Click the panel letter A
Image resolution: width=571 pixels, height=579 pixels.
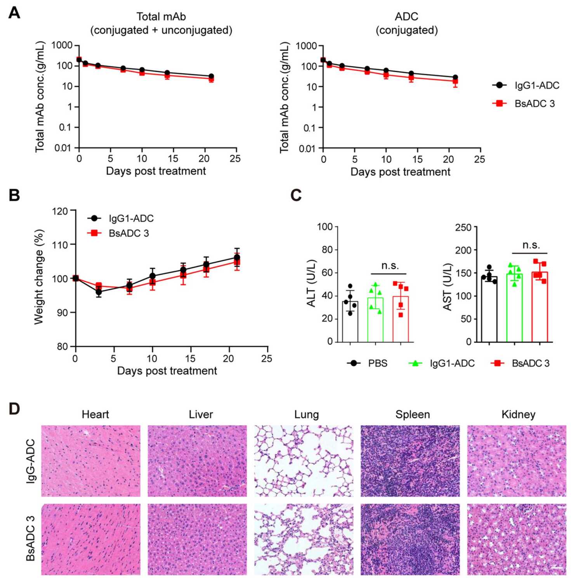click(14, 13)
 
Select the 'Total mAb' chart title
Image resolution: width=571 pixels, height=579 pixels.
click(161, 17)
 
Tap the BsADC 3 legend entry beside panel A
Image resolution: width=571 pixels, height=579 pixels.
click(524, 104)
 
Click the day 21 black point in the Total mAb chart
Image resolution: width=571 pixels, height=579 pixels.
click(211, 77)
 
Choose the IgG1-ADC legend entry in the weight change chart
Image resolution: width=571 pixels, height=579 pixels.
click(121, 219)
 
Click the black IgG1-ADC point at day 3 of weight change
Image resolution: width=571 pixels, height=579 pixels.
click(99, 292)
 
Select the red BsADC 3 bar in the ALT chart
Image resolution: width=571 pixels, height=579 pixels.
click(401, 319)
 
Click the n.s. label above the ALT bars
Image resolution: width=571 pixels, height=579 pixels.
click(390, 266)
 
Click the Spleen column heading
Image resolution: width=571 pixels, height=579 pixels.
click(412, 415)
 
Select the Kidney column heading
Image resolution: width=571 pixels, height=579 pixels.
click(518, 415)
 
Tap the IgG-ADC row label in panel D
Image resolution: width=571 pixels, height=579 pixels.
click(31, 461)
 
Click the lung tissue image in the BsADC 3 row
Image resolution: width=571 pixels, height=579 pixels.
click(304, 539)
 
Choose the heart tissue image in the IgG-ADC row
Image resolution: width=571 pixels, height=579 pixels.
click(91, 461)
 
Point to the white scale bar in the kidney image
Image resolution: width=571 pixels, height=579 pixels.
click(557, 568)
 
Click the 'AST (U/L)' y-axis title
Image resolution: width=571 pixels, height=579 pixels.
click(448, 287)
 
